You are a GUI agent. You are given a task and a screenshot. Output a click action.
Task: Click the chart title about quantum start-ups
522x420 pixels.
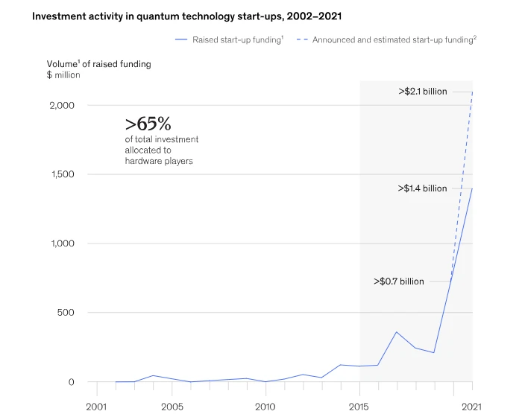point(186,16)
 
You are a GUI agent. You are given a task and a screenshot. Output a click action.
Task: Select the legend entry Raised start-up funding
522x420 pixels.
point(230,39)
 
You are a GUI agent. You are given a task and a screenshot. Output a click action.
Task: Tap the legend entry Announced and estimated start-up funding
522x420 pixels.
point(386,39)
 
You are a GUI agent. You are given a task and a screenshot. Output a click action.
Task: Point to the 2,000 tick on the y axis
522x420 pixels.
point(62,106)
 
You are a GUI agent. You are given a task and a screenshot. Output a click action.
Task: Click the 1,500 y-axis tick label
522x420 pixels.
point(63,174)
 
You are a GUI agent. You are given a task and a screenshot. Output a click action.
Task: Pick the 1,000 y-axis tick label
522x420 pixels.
point(63,244)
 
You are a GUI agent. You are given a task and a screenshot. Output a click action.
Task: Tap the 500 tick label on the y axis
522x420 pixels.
point(66,313)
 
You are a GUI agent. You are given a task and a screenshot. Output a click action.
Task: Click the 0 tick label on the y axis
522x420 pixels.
point(72,382)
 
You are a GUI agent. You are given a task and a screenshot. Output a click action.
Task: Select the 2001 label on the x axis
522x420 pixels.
point(96,407)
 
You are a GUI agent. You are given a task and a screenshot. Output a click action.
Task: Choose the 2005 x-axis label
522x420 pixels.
point(172,407)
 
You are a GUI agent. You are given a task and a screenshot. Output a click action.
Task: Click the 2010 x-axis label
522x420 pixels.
point(265,407)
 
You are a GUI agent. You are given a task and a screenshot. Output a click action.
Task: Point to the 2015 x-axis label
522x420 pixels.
point(359,407)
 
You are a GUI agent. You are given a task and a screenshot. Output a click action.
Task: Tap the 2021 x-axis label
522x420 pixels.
point(471,407)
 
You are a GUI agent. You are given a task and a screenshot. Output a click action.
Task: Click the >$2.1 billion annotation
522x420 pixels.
point(423,92)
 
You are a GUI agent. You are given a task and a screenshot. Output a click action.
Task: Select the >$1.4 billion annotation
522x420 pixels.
point(423,188)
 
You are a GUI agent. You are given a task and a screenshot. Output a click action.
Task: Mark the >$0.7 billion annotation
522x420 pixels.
point(399,281)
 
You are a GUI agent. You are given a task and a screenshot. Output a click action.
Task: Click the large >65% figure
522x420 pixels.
point(148,124)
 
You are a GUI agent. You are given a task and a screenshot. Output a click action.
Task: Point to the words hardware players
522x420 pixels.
point(159,161)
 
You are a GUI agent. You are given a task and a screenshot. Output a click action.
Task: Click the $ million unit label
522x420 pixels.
point(63,74)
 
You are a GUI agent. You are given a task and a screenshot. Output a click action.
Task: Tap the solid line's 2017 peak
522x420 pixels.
point(397,332)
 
